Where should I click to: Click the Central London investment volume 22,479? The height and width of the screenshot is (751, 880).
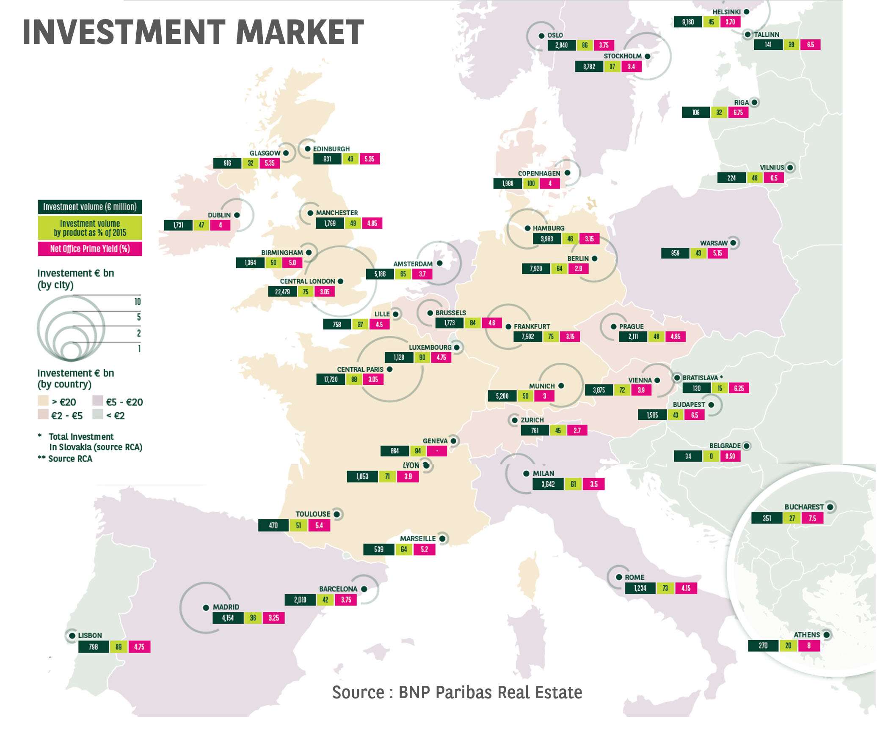point(282,292)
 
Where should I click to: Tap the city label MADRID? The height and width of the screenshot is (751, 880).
point(226,607)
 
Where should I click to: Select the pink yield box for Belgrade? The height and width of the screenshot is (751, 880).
point(730,457)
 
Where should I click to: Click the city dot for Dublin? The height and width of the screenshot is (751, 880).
point(237,215)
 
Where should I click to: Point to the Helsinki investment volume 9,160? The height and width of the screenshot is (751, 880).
point(687,22)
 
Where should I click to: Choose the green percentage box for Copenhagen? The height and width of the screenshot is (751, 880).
point(531,184)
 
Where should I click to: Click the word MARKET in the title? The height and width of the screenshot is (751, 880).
point(300,32)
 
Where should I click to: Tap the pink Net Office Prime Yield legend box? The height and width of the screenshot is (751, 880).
point(90,249)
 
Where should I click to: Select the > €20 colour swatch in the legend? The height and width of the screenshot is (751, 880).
point(43,401)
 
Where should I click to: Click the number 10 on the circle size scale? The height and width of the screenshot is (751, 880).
point(138,301)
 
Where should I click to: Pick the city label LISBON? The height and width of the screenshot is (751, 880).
point(90,636)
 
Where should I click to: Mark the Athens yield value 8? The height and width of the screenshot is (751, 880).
point(809,646)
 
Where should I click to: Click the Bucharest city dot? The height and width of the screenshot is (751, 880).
point(830,507)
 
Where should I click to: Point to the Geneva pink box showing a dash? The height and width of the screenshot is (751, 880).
point(437,451)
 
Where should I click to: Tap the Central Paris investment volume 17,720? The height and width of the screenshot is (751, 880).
point(331,380)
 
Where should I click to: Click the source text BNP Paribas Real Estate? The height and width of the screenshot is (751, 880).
point(457,693)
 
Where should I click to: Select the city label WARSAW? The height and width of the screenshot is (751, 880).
point(714,243)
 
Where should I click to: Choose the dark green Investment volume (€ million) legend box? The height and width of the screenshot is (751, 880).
point(90,207)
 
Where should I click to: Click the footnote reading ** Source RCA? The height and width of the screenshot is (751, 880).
point(65,459)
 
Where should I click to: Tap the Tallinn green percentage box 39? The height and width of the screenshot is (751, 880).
point(791,45)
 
